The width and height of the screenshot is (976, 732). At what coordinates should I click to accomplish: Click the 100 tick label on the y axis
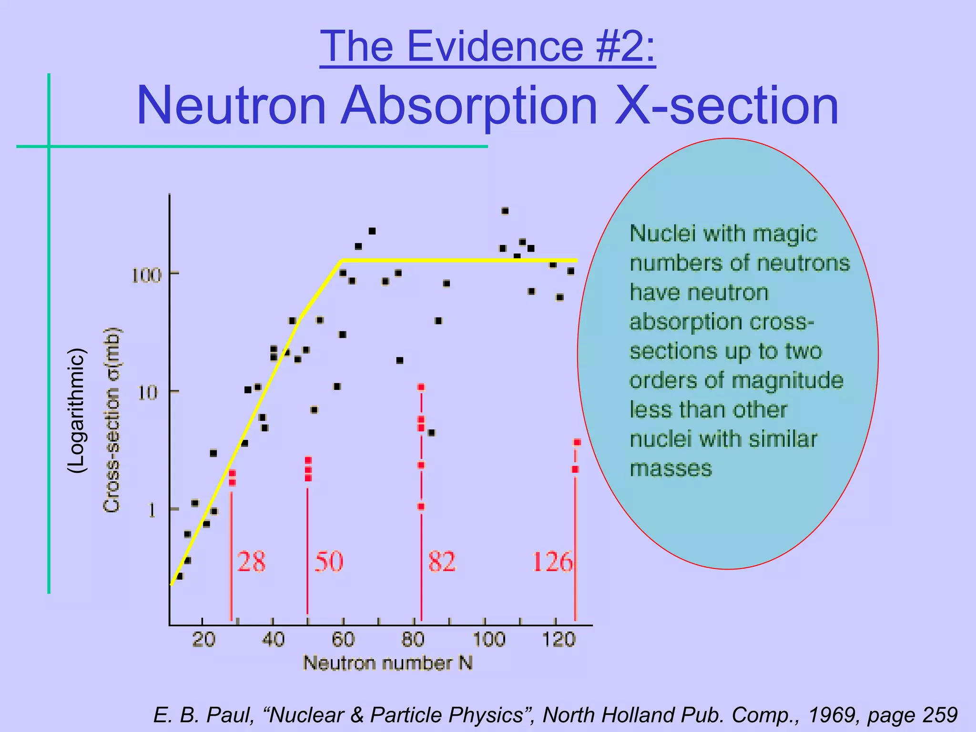click(x=146, y=275)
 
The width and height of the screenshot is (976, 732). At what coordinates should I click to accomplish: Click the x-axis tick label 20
click(x=203, y=639)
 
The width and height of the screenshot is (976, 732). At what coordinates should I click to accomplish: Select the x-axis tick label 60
click(x=343, y=639)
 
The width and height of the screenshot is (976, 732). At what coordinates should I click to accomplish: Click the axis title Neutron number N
click(x=387, y=663)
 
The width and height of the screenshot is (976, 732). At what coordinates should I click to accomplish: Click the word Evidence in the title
click(x=495, y=46)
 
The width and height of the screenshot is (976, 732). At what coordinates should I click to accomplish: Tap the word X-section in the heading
click(x=727, y=105)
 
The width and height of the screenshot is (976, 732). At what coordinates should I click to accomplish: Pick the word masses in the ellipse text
click(x=671, y=468)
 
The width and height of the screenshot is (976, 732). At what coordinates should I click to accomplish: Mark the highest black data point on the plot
click(x=505, y=211)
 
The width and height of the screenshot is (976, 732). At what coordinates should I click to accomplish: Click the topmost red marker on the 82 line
click(x=421, y=387)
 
